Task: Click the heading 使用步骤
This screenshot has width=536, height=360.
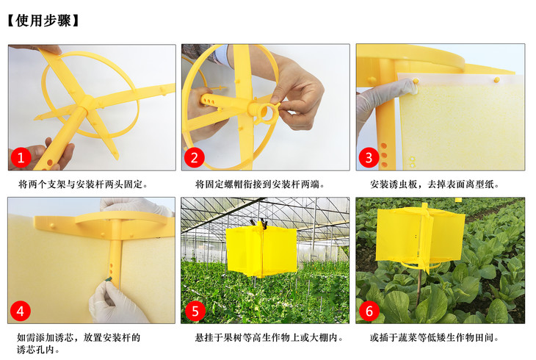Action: click(43, 21)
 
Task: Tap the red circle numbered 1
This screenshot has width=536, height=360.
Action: click(21, 158)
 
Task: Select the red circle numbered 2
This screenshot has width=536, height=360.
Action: click(194, 158)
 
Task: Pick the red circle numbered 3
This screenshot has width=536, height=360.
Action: click(369, 158)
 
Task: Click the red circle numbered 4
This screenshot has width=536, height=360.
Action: click(21, 311)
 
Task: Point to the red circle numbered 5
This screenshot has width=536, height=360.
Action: click(195, 311)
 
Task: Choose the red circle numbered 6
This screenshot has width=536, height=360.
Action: click(369, 311)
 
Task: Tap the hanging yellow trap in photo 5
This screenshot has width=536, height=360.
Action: click(261, 251)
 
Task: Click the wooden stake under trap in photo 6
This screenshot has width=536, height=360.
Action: click(419, 287)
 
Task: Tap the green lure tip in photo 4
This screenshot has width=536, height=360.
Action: click(109, 280)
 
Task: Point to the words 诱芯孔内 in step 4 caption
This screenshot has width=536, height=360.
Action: click(33, 350)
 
